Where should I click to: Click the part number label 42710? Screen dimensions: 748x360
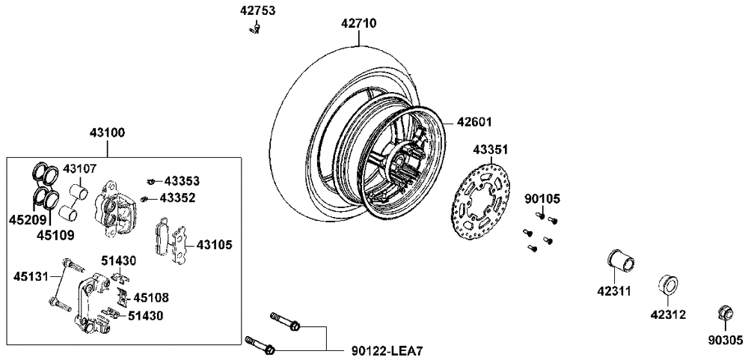click(x=359, y=23)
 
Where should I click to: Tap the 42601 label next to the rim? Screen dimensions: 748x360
click(x=474, y=122)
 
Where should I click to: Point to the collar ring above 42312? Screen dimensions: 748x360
click(x=667, y=284)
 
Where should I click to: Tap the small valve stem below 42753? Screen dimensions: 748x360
click(x=255, y=30)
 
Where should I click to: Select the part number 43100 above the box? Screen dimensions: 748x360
click(x=107, y=133)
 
